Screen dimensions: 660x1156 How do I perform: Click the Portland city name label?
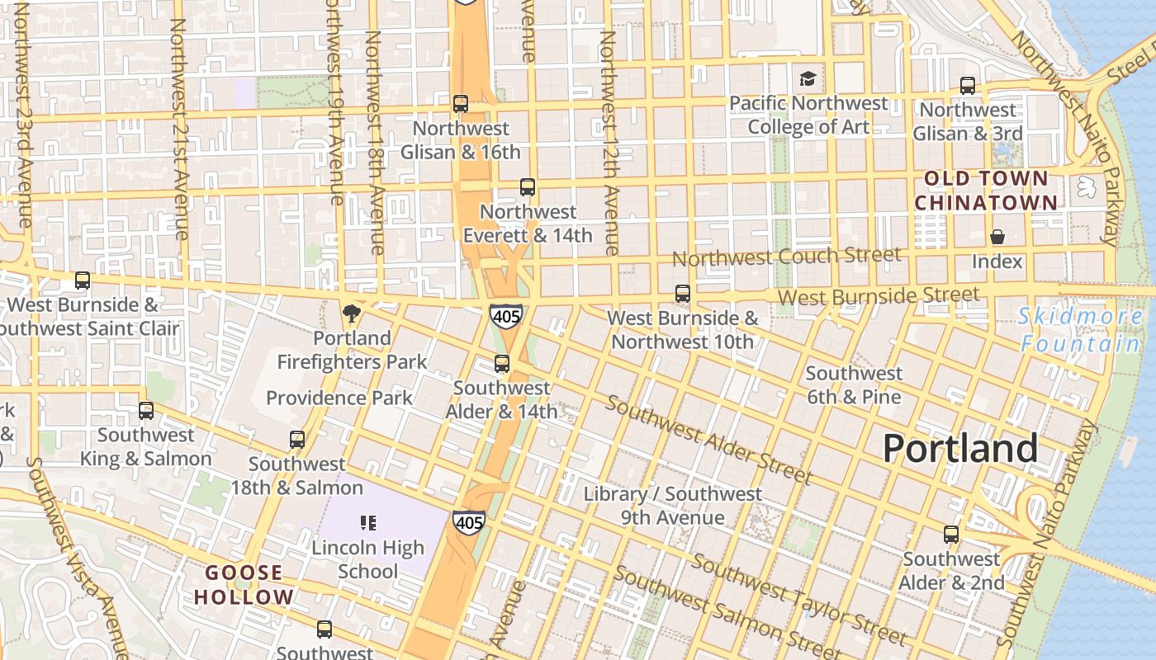(959, 449)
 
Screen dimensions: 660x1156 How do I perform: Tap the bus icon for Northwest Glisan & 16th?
(461, 104)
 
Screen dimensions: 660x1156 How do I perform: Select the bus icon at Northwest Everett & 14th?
(528, 187)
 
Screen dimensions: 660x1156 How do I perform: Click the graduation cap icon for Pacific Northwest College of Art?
(808, 79)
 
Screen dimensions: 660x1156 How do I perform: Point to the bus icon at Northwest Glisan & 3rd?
(968, 86)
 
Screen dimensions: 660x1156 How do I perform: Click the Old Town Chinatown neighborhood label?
(985, 191)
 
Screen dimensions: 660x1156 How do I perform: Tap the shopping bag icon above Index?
(997, 238)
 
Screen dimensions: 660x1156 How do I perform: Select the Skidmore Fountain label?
(1080, 329)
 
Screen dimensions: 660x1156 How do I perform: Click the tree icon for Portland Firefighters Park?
(352, 313)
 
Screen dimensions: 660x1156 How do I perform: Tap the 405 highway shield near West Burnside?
(505, 315)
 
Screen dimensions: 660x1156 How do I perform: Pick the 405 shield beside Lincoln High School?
(468, 522)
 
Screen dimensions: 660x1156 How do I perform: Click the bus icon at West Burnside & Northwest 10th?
(682, 294)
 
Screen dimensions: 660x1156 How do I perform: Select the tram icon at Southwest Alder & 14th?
(501, 364)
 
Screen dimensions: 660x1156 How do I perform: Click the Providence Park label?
(339, 398)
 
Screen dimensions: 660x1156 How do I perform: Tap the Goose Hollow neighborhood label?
(244, 585)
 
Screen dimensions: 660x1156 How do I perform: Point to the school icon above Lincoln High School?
(368, 522)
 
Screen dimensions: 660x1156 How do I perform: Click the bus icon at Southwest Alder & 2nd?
(951, 535)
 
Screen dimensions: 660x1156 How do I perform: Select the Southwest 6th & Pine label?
(854, 385)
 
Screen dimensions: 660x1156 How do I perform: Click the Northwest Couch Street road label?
(785, 257)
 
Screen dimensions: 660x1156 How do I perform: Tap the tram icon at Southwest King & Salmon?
(146, 410)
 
